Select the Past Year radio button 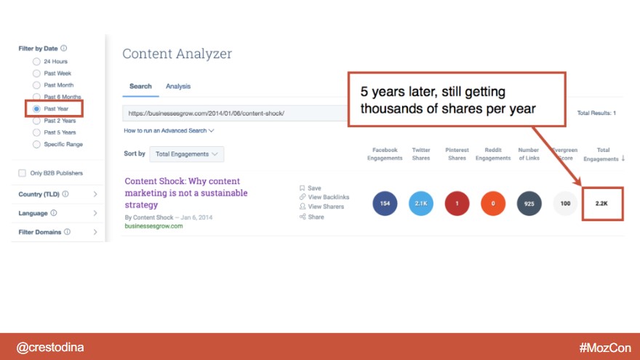click(36, 109)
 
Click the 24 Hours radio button click(36, 62)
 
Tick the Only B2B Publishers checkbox click(22, 173)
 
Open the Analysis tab click(178, 87)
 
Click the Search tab click(140, 87)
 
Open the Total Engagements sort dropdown click(186, 154)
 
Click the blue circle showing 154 click(385, 203)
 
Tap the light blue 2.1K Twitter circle click(421, 203)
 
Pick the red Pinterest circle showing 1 click(457, 203)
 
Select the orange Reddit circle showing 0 click(493, 203)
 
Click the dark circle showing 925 click(529, 203)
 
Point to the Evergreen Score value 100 click(565, 203)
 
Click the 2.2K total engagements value click(601, 203)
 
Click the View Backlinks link click(324, 197)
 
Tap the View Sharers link click(321, 207)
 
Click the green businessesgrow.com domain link click(154, 226)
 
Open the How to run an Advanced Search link click(169, 131)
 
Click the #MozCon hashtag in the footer click(605, 348)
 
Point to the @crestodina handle click(50, 348)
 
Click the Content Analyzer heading click(177, 54)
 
